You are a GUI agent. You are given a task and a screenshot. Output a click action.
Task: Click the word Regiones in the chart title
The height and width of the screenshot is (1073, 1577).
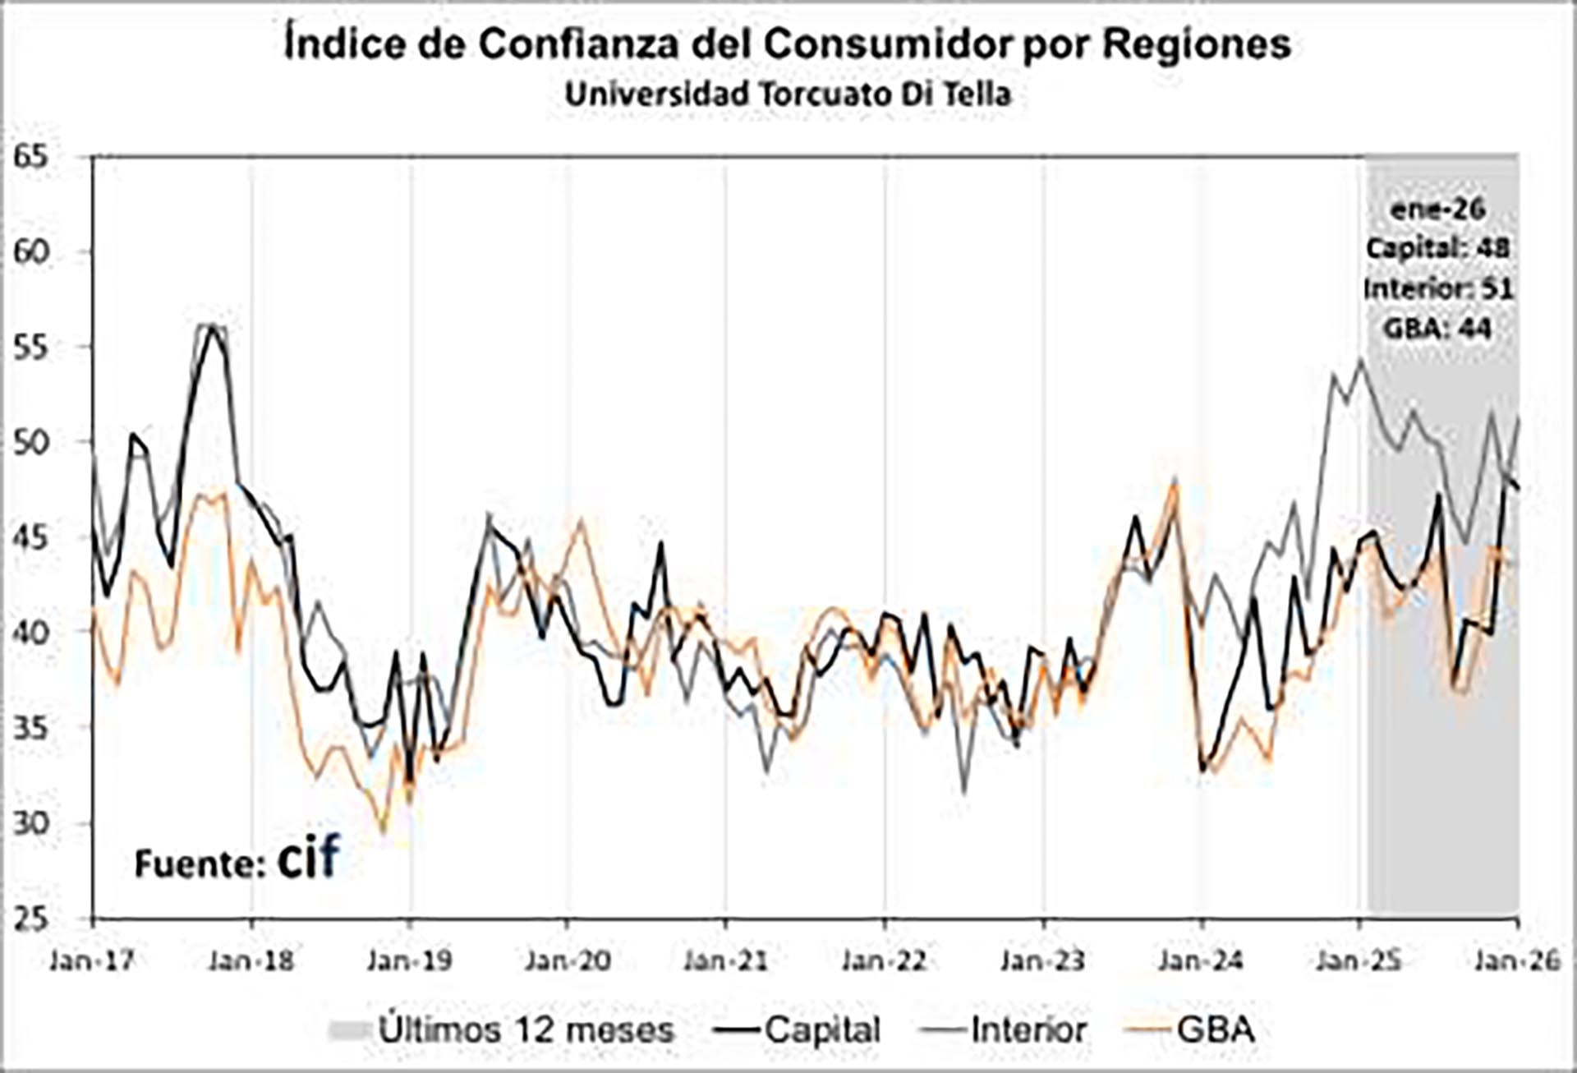tap(1196, 44)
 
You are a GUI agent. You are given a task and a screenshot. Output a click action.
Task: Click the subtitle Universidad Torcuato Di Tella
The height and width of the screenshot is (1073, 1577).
tap(788, 94)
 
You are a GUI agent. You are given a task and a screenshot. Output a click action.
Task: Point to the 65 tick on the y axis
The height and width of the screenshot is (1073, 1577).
tap(31, 156)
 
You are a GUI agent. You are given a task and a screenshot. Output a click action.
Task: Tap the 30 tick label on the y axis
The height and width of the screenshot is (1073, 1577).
tap(31, 822)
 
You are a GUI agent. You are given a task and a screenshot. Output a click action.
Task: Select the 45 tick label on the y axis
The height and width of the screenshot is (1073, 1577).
tap(31, 537)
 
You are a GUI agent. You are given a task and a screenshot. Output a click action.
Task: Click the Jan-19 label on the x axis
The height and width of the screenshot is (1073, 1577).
tap(409, 960)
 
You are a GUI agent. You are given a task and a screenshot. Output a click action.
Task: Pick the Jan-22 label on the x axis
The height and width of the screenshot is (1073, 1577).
tap(884, 960)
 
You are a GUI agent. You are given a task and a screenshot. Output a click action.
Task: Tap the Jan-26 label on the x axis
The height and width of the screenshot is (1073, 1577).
tap(1516, 960)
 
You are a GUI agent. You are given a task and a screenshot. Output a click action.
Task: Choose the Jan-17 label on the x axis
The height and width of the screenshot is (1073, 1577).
tap(92, 960)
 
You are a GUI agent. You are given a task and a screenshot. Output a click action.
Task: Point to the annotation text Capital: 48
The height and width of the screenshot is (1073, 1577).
tap(1438, 248)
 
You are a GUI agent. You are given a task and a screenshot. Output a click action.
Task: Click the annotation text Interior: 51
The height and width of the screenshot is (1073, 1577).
tap(1438, 288)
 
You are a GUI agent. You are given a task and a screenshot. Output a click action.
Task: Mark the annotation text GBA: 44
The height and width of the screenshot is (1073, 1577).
tap(1438, 329)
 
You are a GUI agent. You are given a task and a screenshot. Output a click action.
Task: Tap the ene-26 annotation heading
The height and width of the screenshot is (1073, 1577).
tap(1438, 209)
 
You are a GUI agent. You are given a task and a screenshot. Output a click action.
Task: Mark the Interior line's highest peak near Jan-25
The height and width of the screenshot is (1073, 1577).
tap(1361, 360)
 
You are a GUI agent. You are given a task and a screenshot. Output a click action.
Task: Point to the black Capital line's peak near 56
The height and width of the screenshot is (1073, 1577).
tap(212, 326)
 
